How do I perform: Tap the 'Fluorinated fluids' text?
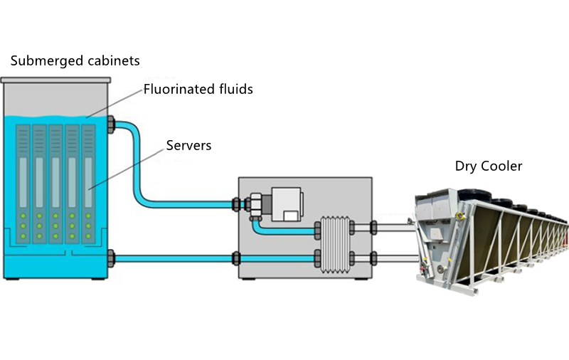(198, 90)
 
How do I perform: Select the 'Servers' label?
(188, 146)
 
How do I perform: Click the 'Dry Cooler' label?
(489, 166)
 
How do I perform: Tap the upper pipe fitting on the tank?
(111, 126)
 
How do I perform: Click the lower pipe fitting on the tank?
(111, 257)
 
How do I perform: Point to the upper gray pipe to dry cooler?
(391, 228)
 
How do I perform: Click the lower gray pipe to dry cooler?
(391, 257)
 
